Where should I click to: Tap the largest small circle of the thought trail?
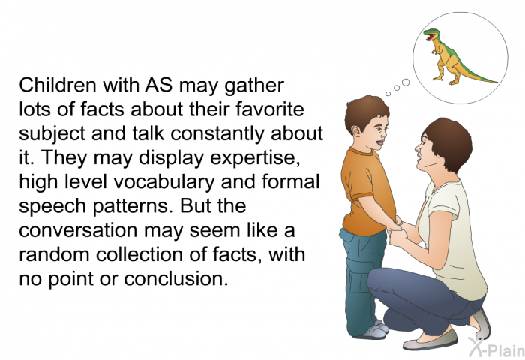[406, 82]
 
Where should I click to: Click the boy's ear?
[355, 130]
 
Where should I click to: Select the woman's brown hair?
[448, 143]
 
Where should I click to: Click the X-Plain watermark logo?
[496, 347]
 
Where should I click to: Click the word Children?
[58, 85]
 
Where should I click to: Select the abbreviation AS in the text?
[159, 85]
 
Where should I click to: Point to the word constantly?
[218, 133]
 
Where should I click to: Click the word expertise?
[255, 158]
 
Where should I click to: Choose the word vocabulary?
[164, 182]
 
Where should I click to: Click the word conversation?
[78, 230]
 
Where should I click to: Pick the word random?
[55, 254]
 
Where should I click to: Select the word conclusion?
[176, 278]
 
